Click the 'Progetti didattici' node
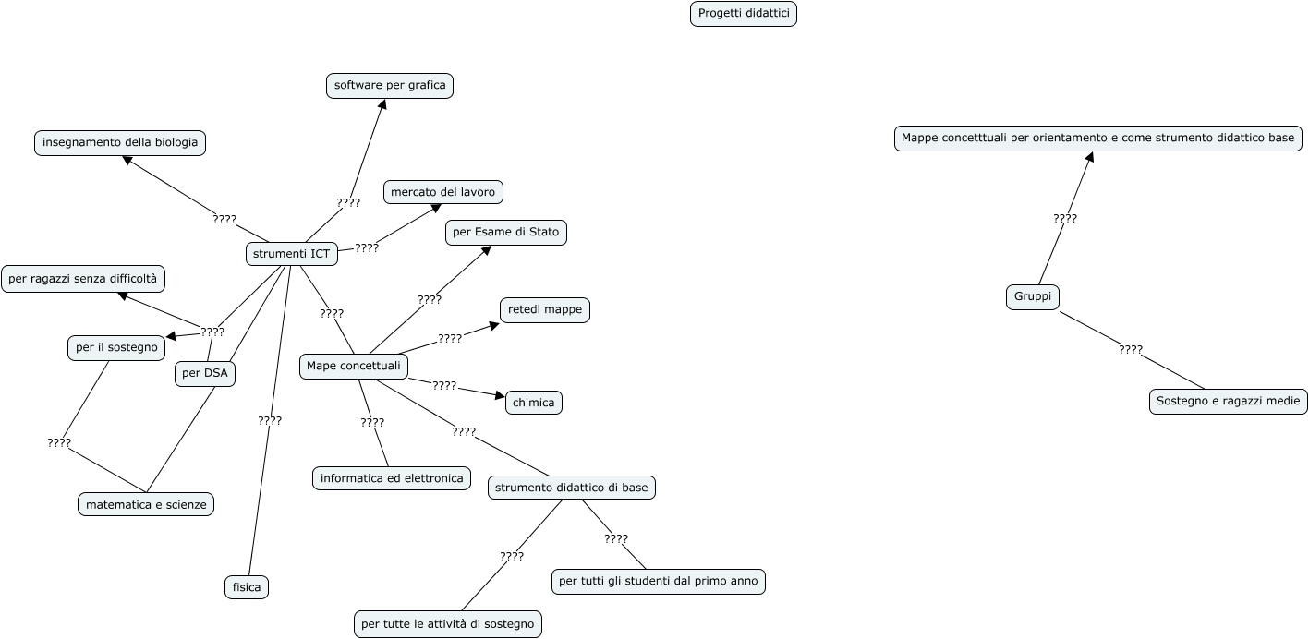pos(743,14)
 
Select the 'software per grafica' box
pos(390,86)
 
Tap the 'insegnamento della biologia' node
pos(120,142)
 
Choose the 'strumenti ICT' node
pos(291,254)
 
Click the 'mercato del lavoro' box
pos(443,192)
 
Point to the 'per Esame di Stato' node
pos(506,233)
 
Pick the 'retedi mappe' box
pos(545,310)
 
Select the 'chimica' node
pos(534,403)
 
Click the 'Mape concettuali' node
pos(354,367)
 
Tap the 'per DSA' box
pos(205,374)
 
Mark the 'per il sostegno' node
pos(116,348)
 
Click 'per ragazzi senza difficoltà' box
pos(83,278)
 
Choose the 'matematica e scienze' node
pos(146,504)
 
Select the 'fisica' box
pos(247,587)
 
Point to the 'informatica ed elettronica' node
pos(392,478)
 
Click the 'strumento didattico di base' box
pos(572,488)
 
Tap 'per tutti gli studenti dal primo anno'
pos(659,582)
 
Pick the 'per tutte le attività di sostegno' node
pos(448,624)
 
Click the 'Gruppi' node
pos(1033,297)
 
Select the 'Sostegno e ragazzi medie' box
pos(1229,402)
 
